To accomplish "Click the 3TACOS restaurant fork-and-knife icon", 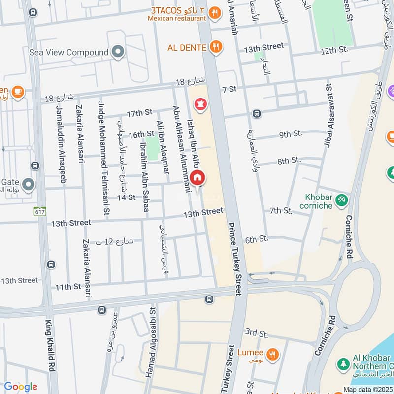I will click(214, 14).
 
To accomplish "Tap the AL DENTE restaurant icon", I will click(215, 47).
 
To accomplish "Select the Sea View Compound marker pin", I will click(117, 52).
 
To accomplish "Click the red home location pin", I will click(197, 178).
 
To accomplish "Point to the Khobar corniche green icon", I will click(341, 200).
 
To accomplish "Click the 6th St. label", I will click(256, 239).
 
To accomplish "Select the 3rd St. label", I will click(256, 332).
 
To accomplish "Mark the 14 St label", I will click(126, 197).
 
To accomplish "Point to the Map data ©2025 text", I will click(368, 390).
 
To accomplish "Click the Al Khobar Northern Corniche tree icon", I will click(343, 363).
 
